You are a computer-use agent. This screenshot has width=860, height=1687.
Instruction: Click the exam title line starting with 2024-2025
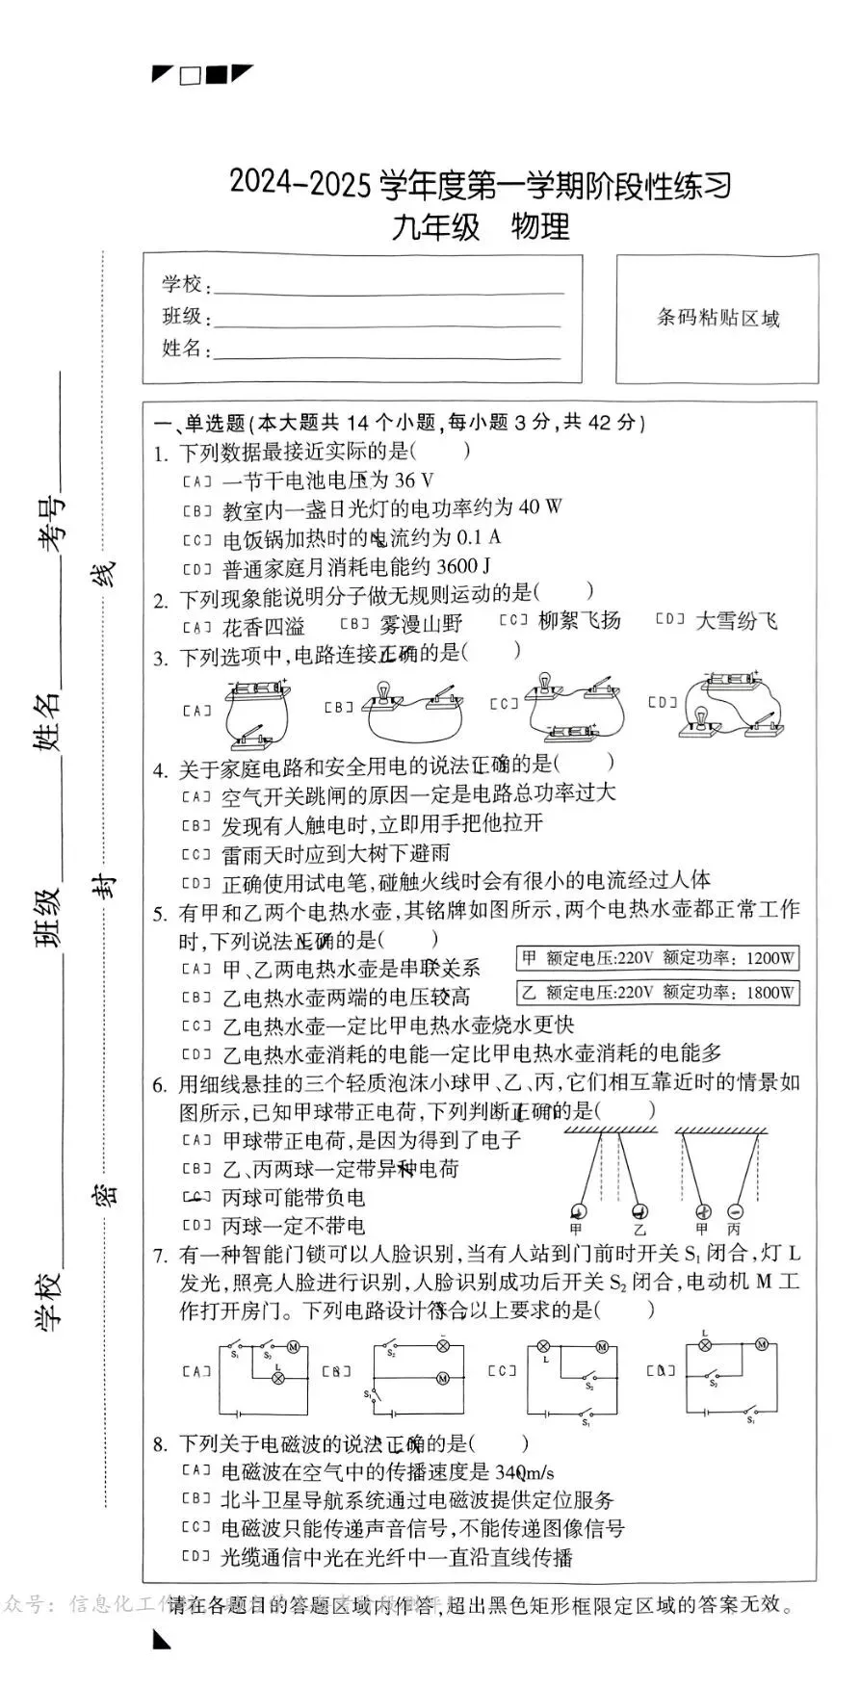point(480,183)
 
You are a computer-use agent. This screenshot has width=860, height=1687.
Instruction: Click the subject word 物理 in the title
point(540,227)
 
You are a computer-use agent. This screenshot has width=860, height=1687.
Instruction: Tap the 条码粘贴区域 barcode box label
point(717,318)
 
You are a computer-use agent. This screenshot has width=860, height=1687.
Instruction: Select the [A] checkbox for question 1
point(196,480)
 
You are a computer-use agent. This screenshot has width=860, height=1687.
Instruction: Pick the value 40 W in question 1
point(540,507)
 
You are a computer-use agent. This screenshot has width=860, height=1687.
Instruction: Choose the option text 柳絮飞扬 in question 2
point(579,621)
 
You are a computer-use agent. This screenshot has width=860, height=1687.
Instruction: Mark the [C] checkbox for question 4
point(196,853)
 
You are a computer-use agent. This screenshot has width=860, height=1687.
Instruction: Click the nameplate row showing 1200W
point(659,958)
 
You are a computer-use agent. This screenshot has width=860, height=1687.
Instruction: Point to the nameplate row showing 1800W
point(659,992)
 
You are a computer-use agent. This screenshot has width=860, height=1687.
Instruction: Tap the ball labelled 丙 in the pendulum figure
point(735,1211)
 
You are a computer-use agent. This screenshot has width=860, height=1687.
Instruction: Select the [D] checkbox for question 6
point(196,1226)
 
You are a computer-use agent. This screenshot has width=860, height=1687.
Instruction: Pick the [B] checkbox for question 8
point(196,1499)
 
